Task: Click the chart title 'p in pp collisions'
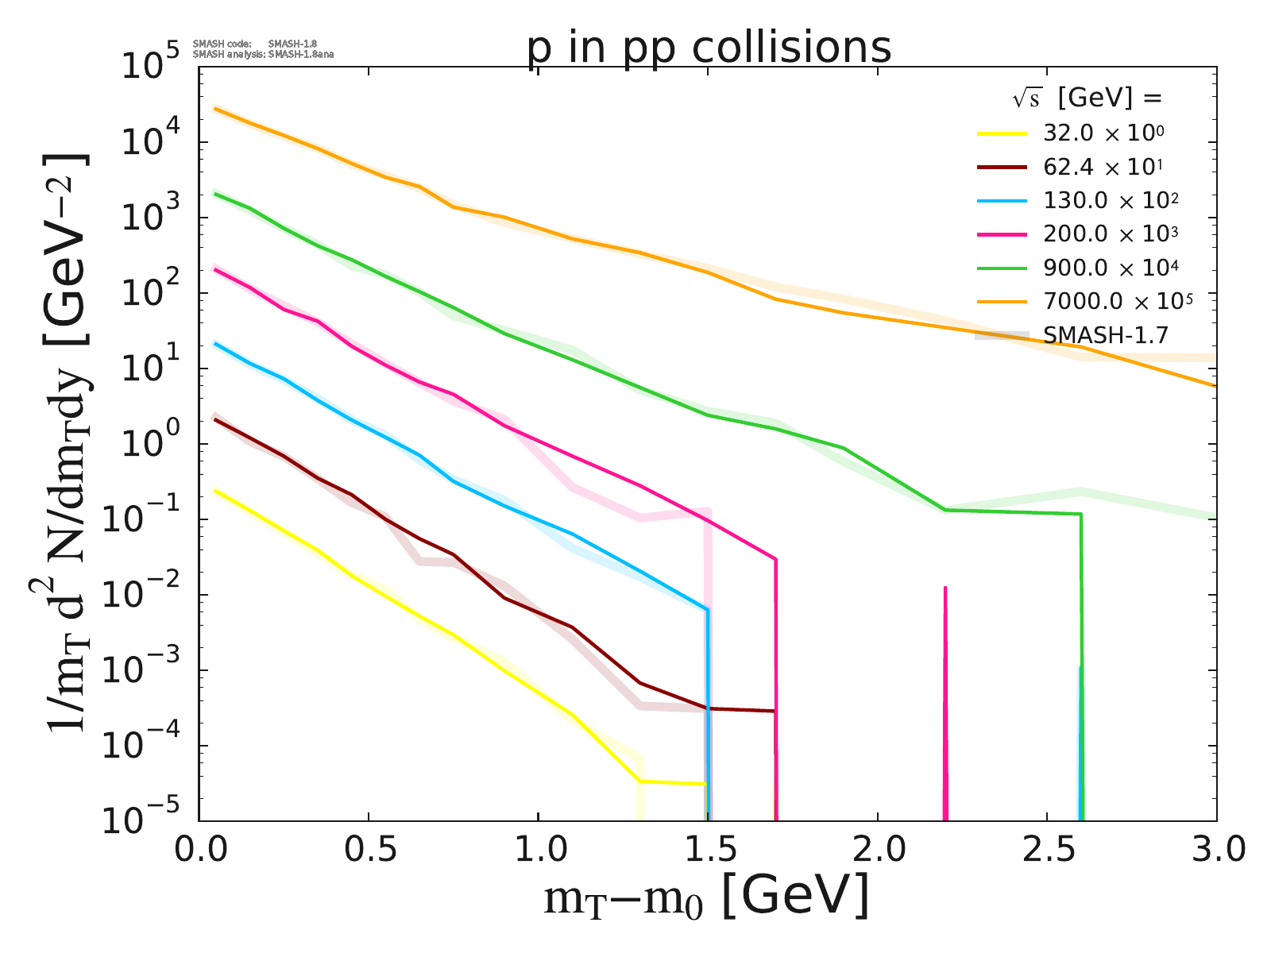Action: point(709,48)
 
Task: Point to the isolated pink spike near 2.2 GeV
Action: point(945,699)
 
